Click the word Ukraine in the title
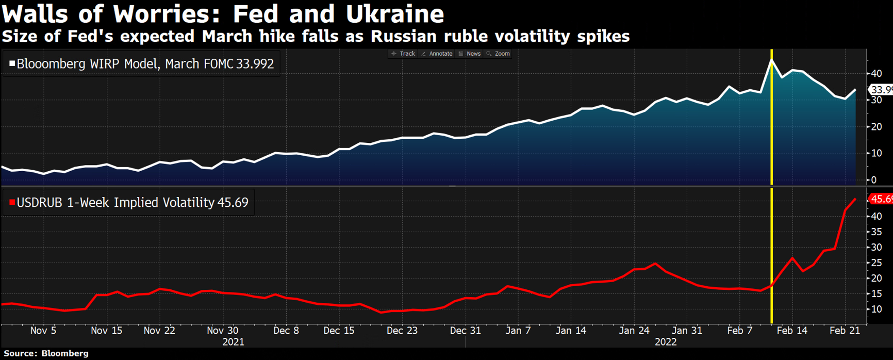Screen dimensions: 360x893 click(394, 14)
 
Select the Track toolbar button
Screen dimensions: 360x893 click(403, 54)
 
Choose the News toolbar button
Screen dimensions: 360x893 click(470, 54)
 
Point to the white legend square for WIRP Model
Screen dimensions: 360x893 click(12, 63)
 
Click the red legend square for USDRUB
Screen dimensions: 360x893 click(12, 202)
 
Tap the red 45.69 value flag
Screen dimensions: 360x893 click(881, 199)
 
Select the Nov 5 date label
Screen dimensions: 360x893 click(43, 331)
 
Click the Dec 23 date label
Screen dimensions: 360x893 click(402, 331)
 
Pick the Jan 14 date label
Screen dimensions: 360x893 click(571, 331)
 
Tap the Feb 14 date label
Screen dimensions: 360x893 click(792, 331)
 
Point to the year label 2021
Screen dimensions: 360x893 click(233, 342)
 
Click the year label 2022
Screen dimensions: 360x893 click(666, 342)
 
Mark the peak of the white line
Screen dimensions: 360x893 click(771, 60)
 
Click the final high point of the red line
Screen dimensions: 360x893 click(855, 199)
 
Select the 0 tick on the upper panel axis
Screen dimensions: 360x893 click(873, 180)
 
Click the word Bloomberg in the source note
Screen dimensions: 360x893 click(65, 353)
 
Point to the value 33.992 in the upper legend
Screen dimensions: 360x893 click(255, 64)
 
